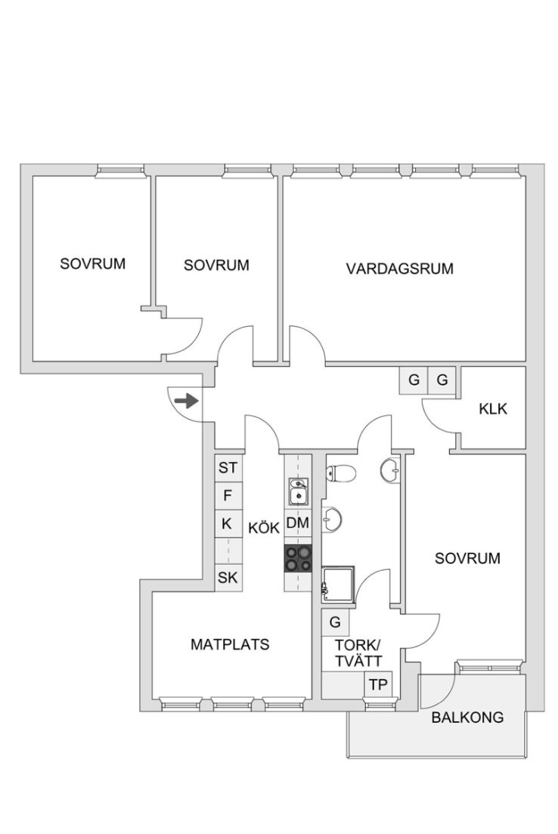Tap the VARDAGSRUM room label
pos(399,268)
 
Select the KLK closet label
pos(493,408)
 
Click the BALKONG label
pos(467,717)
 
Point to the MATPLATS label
pos(230,644)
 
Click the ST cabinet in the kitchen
pos(228,468)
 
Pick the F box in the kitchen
pos(228,496)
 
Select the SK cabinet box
pos(228,578)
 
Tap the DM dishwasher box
pos(298,522)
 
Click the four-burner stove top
pos(298,559)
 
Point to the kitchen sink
pos(299,491)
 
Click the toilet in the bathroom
pos(340,473)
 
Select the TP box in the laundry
pos(378,684)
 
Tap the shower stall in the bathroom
pos(338,584)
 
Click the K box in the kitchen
pos(228,523)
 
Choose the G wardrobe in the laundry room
pos(335,622)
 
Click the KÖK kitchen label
pos(264,528)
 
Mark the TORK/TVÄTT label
pos(358,653)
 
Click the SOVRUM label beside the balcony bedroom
pos(467,558)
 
